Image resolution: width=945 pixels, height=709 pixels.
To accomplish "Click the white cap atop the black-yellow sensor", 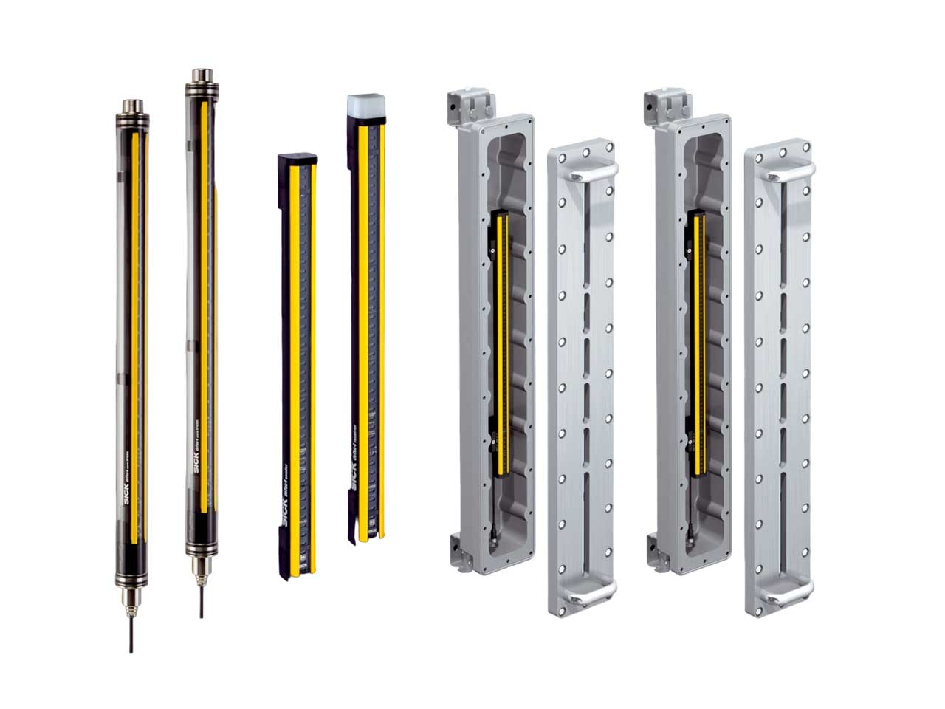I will [x=363, y=106].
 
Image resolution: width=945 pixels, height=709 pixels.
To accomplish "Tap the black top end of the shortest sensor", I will [x=297, y=157].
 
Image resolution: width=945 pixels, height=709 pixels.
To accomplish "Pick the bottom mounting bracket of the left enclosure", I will [x=456, y=552].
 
